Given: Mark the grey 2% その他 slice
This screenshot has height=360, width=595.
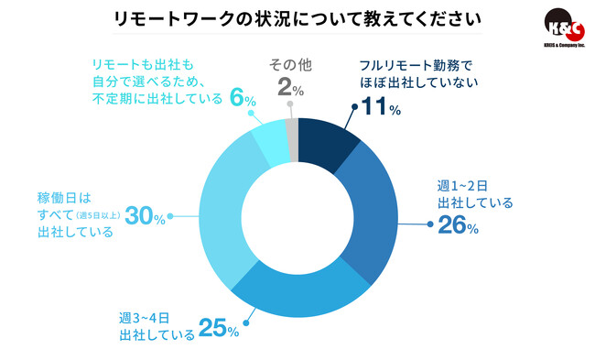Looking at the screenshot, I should point(291,128).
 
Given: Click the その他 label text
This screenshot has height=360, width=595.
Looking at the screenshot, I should point(291,65).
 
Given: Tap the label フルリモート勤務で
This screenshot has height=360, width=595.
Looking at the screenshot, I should point(410,66).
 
